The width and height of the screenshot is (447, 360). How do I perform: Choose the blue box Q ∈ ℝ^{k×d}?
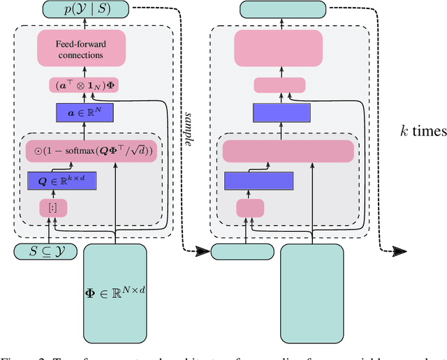[x=61, y=181]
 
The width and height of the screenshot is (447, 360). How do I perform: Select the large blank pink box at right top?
[x=279, y=49]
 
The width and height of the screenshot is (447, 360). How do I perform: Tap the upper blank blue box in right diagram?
[x=279, y=112]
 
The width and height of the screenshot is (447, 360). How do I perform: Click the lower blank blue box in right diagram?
[x=258, y=181]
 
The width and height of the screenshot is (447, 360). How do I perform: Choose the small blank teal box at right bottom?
[x=238, y=251]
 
